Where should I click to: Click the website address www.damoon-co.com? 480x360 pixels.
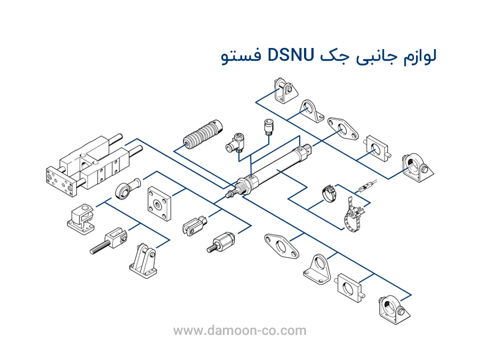pyautogui.click(x=240, y=331)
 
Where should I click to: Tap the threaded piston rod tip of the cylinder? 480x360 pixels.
pyautogui.click(x=230, y=194)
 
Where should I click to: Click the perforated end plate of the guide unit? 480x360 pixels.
pyautogui.click(x=58, y=182)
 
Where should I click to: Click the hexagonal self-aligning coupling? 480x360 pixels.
pyautogui.click(x=221, y=242)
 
